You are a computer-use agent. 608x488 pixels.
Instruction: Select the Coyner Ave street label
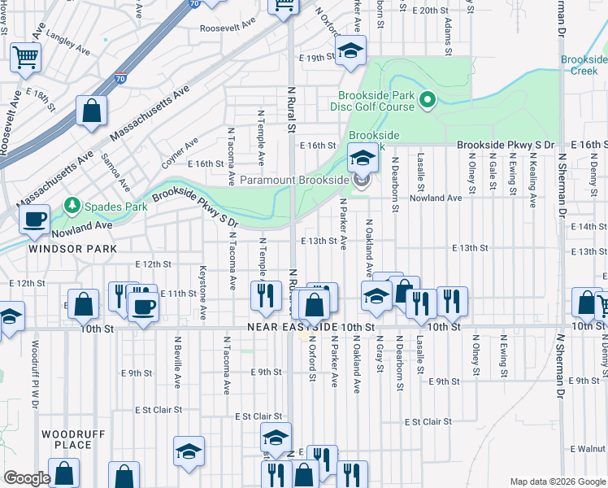(x=180, y=153)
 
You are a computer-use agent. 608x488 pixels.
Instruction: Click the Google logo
(x=27, y=479)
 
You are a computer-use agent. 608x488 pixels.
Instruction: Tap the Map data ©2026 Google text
(x=557, y=481)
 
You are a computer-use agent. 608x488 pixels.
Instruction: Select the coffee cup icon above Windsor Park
(x=34, y=219)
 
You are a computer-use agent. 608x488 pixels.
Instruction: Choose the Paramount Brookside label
(x=293, y=180)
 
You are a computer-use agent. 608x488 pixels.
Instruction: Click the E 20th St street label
(x=431, y=11)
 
